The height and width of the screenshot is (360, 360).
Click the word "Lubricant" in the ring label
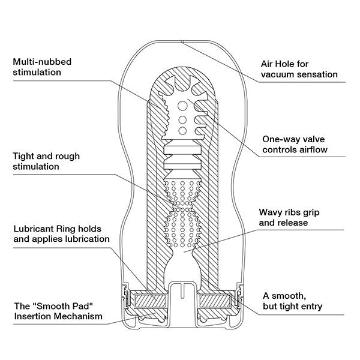tap(34, 228)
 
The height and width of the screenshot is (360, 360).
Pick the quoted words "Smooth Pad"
tap(61, 305)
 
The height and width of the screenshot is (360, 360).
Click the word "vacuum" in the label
tap(280, 75)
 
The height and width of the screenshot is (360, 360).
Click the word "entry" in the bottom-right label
tap(310, 307)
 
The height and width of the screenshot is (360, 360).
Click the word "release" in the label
tap(293, 223)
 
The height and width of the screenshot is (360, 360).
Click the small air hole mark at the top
tap(181, 41)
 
